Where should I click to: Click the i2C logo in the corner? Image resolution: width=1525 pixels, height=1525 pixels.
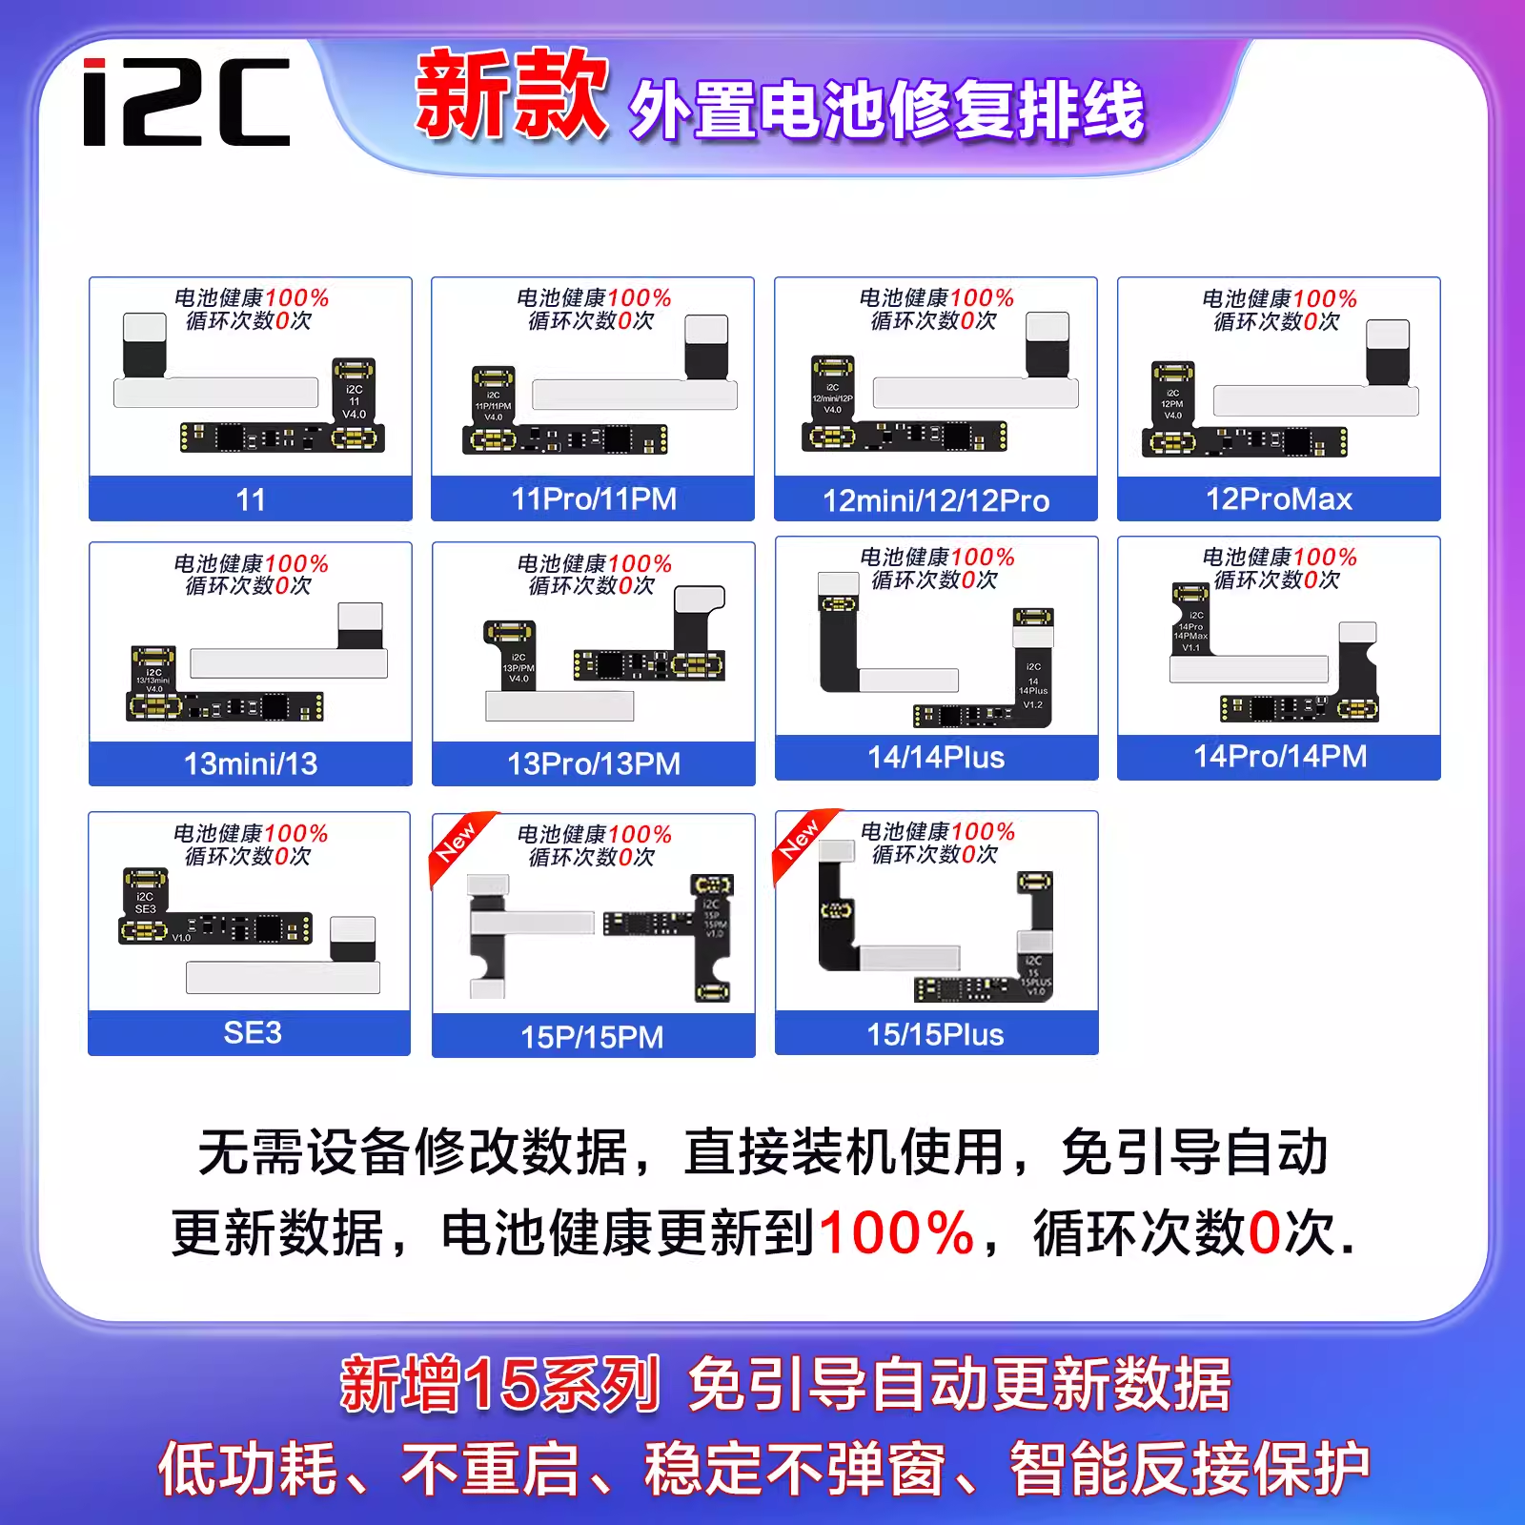pos(187,102)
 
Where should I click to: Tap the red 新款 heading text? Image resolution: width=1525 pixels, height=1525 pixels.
pos(512,95)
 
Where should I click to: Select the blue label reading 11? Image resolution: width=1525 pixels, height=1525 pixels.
pos(251,499)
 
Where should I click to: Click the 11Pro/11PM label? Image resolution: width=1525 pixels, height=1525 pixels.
pos(594,499)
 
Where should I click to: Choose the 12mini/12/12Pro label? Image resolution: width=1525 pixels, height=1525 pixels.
pos(936,500)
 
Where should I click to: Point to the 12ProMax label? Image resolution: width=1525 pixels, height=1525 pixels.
pos(1279,499)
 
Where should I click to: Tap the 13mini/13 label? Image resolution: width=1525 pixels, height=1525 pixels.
pos(251,763)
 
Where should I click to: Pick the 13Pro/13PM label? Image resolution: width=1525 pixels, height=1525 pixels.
pos(594,763)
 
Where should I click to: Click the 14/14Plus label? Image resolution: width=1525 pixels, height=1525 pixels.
pos(936,758)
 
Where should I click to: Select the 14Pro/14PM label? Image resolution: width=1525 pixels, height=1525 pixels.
pos(1280,757)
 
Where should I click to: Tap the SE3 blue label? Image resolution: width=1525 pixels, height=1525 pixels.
pos(252,1033)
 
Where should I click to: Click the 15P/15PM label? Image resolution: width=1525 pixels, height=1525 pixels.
pos(592,1037)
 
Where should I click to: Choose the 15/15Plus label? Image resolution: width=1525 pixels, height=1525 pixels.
pos(935,1035)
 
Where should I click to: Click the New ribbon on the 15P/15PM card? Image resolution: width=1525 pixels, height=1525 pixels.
pos(457,841)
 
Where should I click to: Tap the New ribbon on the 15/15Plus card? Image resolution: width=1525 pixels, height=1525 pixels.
pos(800,838)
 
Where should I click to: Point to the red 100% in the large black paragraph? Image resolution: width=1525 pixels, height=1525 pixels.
pos(896,1233)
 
